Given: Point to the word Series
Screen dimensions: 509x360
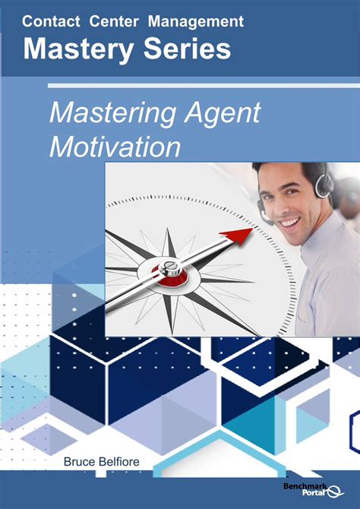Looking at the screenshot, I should coord(182,49).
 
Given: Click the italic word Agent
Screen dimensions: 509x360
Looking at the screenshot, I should coord(222,113).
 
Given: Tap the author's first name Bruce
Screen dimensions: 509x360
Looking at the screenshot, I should coord(80,461).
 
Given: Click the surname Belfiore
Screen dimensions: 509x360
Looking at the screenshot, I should coord(122,461).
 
